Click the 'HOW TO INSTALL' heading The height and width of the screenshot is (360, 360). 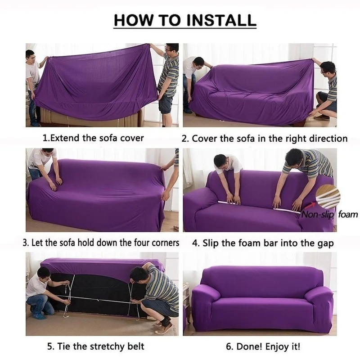[184, 20]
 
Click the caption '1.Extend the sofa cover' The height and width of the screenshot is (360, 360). [93, 138]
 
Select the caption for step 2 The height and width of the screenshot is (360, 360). [265, 138]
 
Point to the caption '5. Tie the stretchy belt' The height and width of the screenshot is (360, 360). [96, 346]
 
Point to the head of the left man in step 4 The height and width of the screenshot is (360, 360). [220, 161]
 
